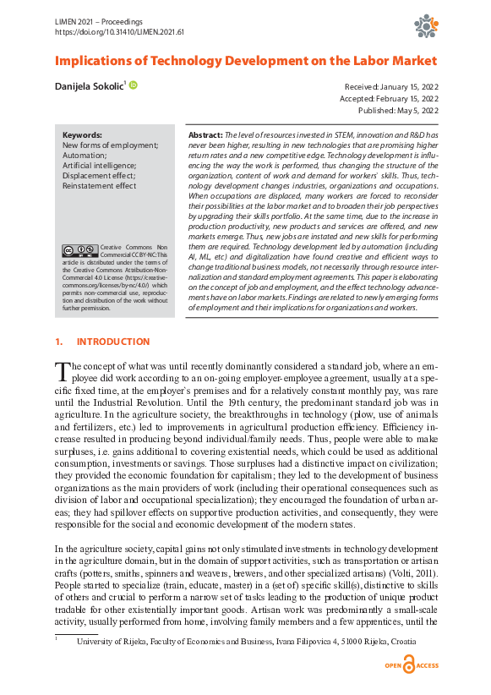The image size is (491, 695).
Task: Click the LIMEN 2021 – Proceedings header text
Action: [x=98, y=19]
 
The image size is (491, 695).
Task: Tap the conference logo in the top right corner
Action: [x=424, y=26]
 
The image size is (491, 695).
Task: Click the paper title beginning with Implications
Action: [x=245, y=61]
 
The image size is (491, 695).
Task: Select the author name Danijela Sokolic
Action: [x=89, y=86]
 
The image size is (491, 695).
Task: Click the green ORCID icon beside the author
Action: [x=133, y=85]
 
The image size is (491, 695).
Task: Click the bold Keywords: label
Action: [x=82, y=134]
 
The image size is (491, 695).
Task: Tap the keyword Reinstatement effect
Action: [x=99, y=186]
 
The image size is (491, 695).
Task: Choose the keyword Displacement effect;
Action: [x=97, y=176]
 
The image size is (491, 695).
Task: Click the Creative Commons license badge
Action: [x=79, y=250]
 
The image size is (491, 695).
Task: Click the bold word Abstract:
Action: [x=205, y=135]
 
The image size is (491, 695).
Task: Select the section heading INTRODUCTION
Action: [x=112, y=342]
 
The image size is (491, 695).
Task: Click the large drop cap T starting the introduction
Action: [x=61, y=372]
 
